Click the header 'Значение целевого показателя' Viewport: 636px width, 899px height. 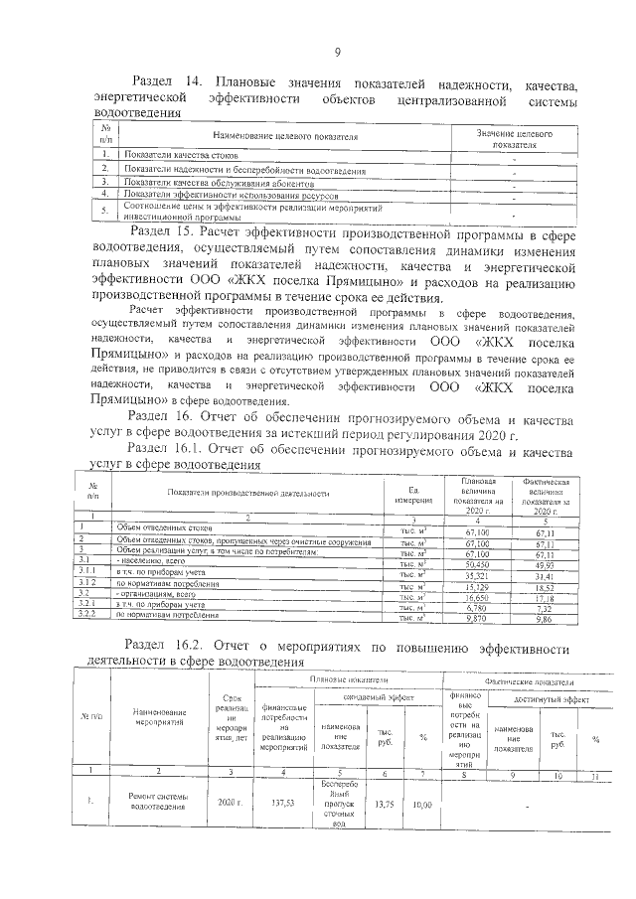click(x=513, y=137)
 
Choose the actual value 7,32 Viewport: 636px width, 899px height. click(x=543, y=607)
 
